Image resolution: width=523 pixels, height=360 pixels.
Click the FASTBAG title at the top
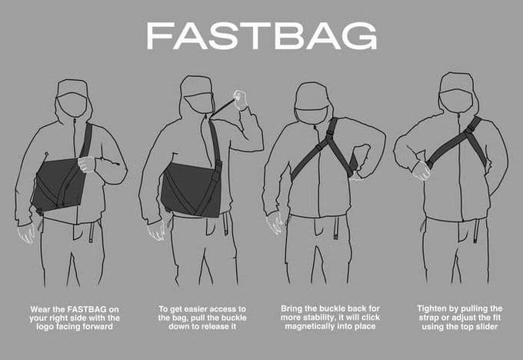point(261,35)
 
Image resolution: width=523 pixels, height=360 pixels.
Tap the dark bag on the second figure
point(192,188)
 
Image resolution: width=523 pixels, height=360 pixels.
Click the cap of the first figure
point(72,87)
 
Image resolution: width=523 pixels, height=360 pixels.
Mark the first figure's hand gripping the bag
point(86,165)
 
